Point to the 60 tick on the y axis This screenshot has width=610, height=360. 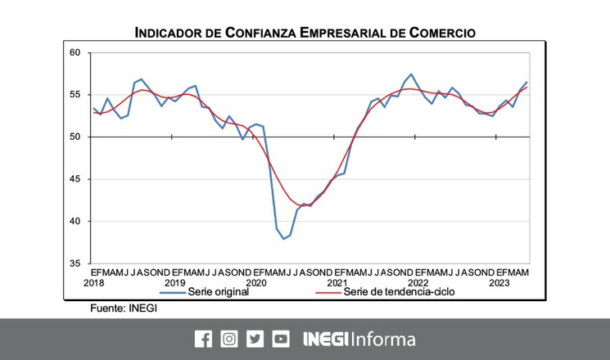75,53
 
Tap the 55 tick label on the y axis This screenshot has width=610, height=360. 75,95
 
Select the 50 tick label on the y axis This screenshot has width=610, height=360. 75,137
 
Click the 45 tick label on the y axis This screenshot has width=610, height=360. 75,179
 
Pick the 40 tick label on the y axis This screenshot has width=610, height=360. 75,221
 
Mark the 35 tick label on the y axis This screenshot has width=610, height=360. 75,263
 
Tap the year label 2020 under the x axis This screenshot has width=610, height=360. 256,282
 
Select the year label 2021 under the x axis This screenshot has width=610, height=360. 338,282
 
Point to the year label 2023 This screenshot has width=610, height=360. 501,282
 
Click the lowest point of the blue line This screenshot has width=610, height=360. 283,239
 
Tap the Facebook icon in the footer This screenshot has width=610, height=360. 203,339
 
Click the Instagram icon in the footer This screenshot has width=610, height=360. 229,339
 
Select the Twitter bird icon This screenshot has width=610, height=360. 255,339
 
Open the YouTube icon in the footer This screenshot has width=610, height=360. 281,339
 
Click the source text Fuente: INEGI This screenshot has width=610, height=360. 123,308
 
